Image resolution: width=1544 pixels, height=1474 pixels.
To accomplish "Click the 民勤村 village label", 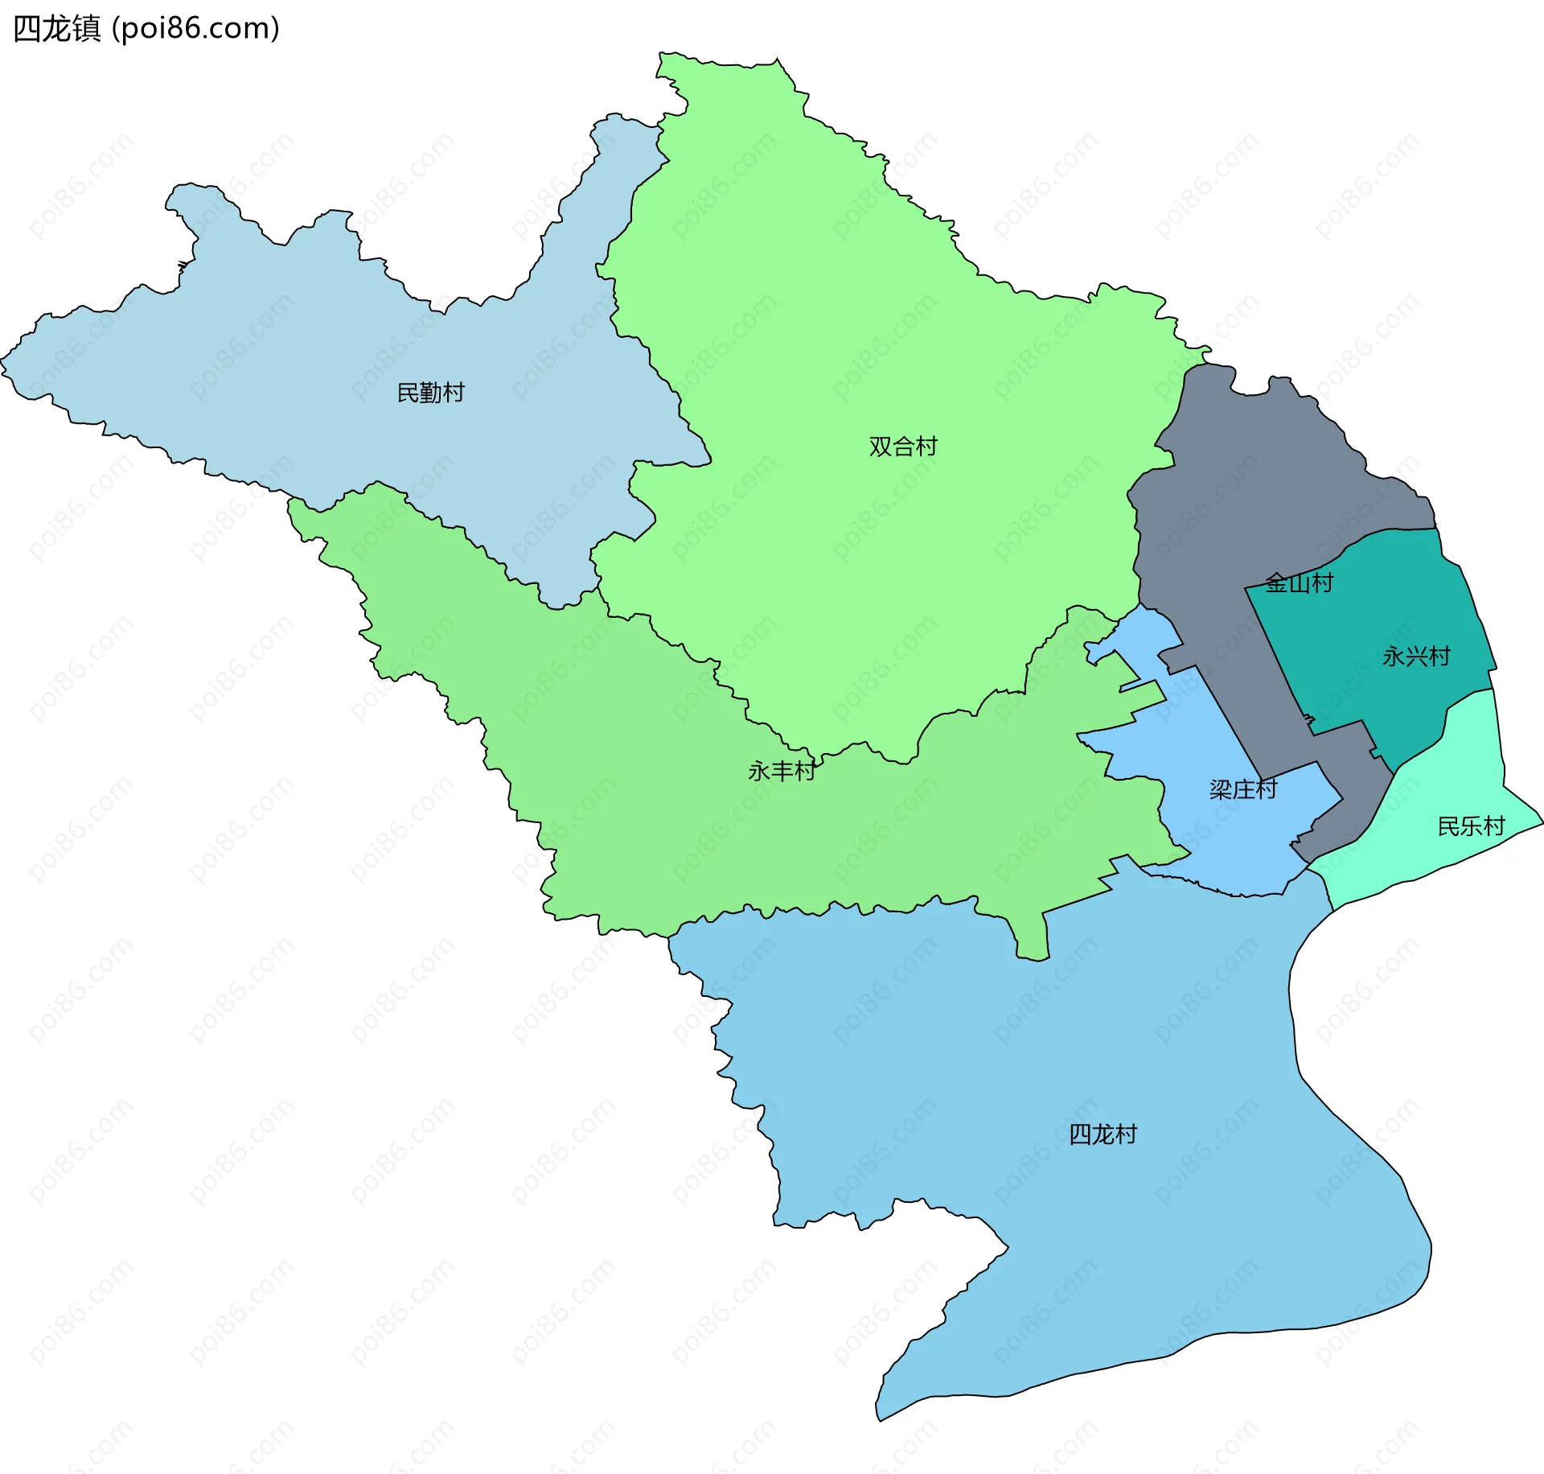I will [431, 393].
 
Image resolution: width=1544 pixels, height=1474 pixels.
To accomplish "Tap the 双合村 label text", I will [903, 447].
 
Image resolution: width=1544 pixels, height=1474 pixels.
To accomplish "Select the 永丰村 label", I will [782, 772].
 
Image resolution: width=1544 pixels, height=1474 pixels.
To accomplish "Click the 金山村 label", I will [1300, 583].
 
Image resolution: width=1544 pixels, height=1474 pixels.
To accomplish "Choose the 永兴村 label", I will [1416, 657].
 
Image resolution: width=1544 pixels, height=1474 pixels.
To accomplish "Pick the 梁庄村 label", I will [1243, 789].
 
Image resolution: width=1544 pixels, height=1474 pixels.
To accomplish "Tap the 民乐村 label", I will [1471, 826].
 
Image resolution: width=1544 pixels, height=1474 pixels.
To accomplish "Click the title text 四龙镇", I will [57, 29].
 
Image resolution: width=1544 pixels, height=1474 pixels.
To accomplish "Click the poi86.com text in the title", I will [195, 29].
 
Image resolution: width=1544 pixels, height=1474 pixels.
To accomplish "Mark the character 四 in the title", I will [27, 29].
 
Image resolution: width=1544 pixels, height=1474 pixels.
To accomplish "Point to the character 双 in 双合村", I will [881, 447].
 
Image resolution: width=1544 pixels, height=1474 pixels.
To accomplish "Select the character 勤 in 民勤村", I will [431, 393].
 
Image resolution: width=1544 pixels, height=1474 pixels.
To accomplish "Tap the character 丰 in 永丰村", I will [782, 772].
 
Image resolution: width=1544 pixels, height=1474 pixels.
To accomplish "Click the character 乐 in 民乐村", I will [1471, 826].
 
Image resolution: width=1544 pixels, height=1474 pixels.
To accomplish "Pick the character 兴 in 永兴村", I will [1416, 657].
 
